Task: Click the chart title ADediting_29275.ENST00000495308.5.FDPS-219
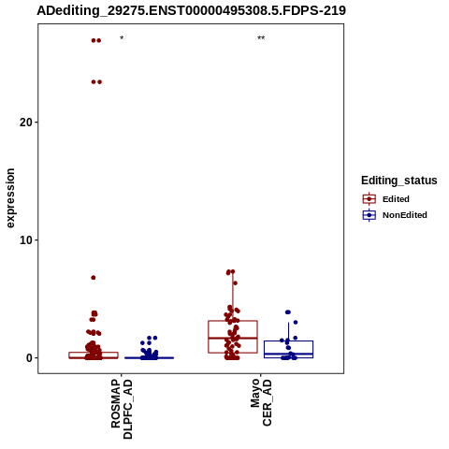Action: tap(191, 10)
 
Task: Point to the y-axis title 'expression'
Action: tap(10, 198)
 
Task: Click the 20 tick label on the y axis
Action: tap(26, 123)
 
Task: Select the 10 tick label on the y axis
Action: tap(26, 240)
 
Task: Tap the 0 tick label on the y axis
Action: tap(29, 358)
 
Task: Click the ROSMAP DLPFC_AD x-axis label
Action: tap(122, 409)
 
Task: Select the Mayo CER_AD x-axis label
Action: tap(261, 402)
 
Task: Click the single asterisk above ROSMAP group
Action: tap(122, 38)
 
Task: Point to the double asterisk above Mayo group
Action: tap(261, 38)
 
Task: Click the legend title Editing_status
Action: tap(398, 181)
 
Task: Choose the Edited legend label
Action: tap(396, 199)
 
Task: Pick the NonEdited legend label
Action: tap(405, 215)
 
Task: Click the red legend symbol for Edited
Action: tap(369, 199)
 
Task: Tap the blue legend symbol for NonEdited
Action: tap(369, 215)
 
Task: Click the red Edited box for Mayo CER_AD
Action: tap(209, 337)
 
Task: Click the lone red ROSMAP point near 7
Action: tap(94, 278)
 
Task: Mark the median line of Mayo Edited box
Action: tap(233, 338)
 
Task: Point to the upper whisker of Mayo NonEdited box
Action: tap(288, 332)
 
